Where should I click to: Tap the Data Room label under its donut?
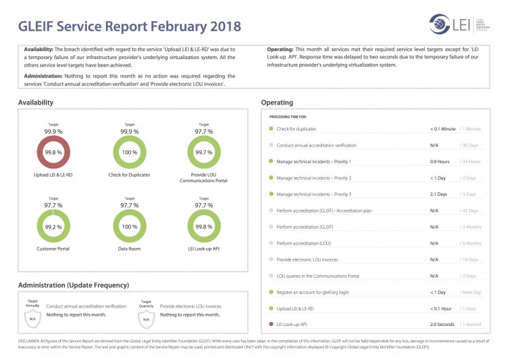(129, 249)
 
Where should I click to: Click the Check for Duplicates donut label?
(129, 175)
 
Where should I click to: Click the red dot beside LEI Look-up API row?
(271, 325)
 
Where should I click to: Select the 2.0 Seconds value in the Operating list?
(442, 325)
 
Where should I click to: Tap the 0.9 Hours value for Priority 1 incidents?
(440, 162)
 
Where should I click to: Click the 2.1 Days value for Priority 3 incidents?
(438, 194)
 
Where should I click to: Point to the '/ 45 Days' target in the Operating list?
(470, 211)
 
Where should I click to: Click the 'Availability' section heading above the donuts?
(36, 103)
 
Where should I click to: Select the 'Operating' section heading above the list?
(277, 103)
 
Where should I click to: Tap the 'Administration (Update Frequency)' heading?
(73, 285)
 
